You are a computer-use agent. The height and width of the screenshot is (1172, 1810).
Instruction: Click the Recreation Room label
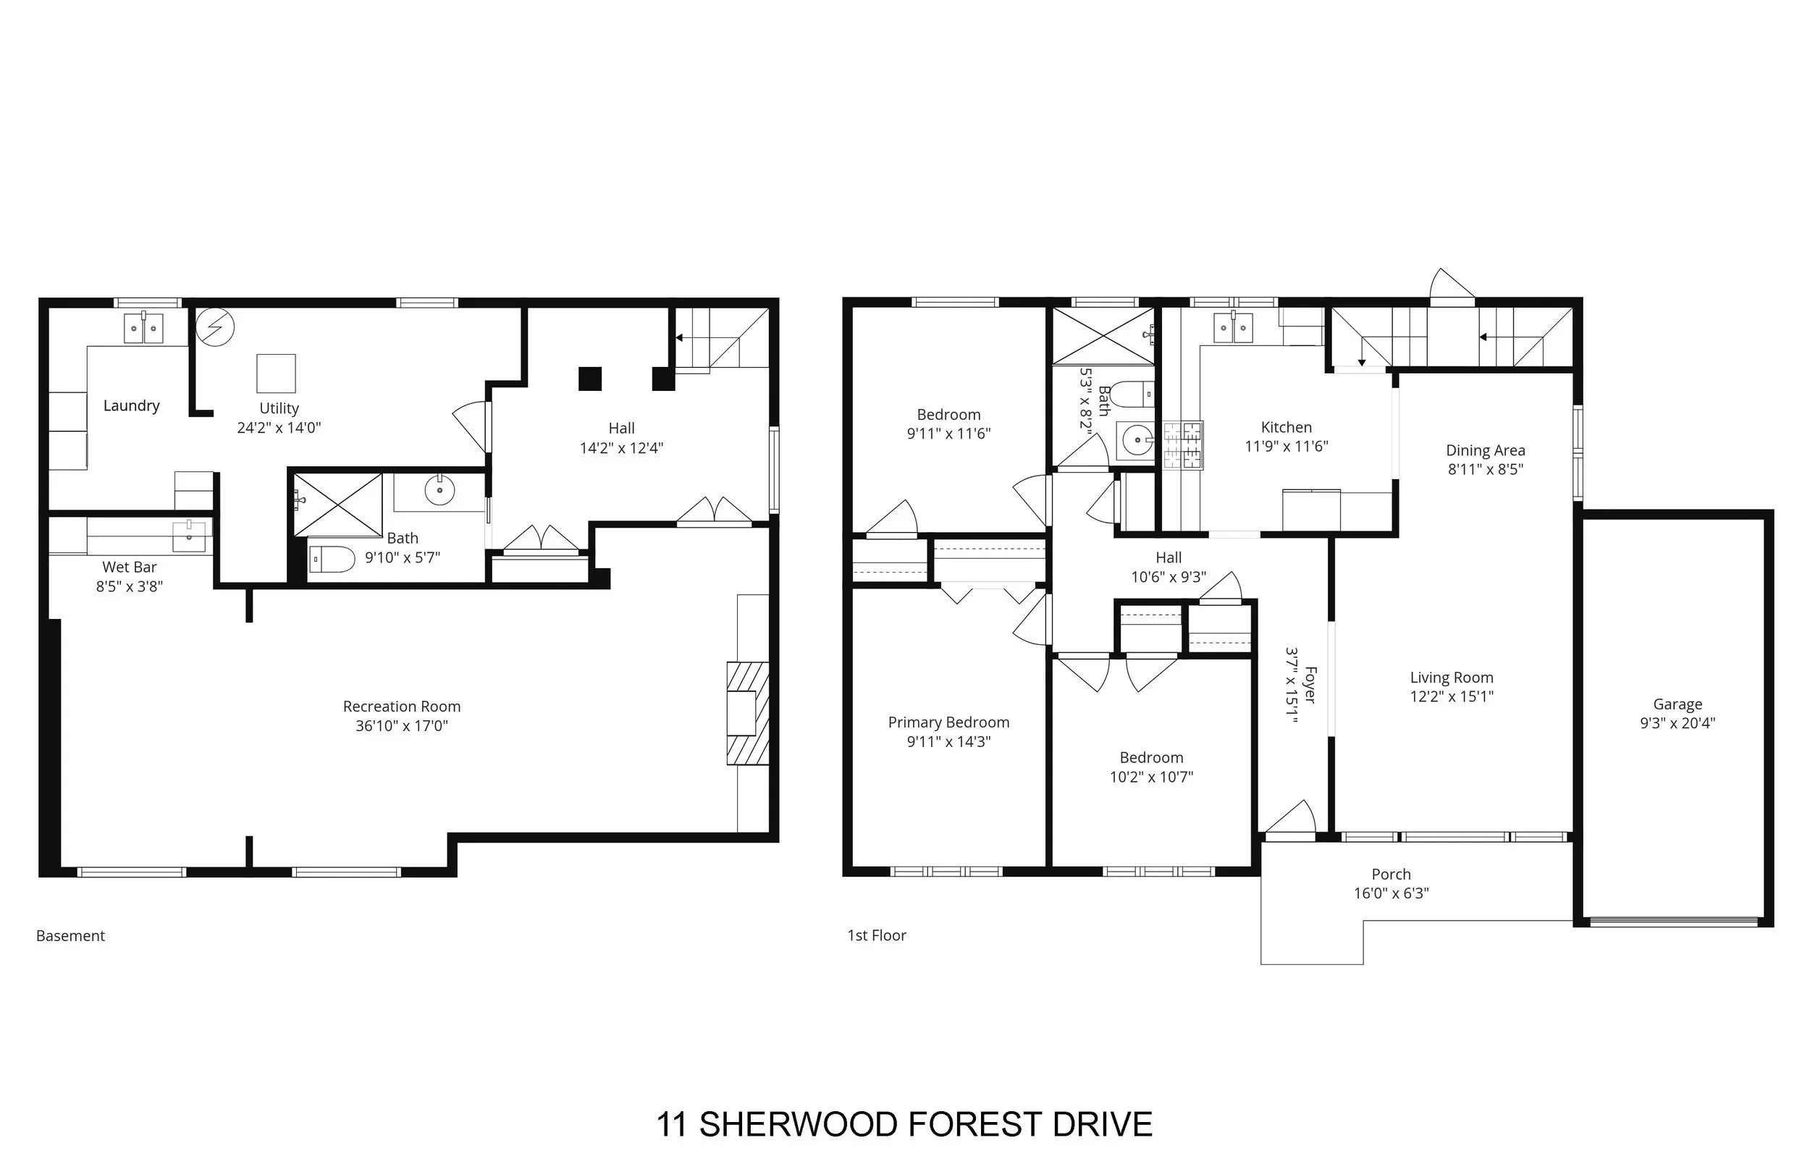402,707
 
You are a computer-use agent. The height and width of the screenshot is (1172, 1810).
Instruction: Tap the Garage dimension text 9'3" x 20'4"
1678,723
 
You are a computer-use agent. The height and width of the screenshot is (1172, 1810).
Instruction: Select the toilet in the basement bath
332,560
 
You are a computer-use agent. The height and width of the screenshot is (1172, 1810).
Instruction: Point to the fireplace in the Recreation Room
748,713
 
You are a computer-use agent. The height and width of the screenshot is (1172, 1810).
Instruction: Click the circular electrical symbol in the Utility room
215,327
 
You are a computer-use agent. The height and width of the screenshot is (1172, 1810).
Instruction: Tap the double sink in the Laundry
144,328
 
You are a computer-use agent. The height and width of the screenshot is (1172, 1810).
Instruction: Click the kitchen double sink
1233,328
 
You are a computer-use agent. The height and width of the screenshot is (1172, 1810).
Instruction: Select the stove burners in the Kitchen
1182,446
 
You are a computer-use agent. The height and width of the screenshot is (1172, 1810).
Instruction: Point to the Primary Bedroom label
948,722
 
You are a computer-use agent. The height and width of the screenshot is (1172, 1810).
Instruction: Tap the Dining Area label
1485,450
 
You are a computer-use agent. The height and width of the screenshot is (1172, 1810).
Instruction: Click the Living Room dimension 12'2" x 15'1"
1452,696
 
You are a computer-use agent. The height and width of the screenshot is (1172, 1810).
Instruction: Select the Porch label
1391,874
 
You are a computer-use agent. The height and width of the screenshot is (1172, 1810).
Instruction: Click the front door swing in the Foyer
1290,818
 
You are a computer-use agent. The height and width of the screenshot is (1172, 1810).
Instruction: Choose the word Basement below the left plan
71,936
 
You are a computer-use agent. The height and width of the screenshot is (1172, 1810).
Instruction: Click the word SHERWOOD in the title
798,1125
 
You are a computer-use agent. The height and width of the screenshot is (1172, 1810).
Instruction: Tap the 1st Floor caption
877,935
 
